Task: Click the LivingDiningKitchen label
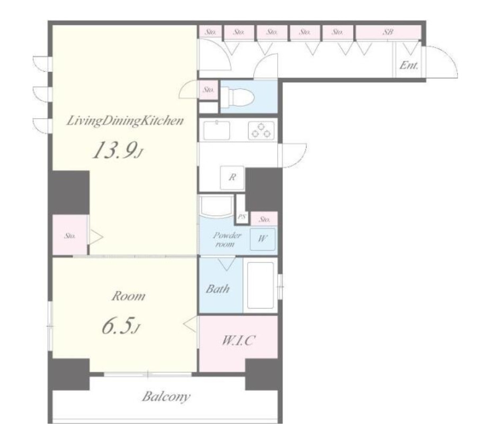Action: (125, 121)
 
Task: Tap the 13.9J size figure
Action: (118, 150)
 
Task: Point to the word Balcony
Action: (166, 397)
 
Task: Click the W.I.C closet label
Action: (237, 340)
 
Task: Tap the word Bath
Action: (217, 289)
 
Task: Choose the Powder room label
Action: (227, 240)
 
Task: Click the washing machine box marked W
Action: (263, 239)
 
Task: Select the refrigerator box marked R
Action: (232, 178)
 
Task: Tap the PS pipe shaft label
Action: (242, 217)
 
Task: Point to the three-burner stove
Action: (261, 130)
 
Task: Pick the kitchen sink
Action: (216, 130)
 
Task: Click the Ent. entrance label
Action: (409, 66)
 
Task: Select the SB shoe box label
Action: (388, 32)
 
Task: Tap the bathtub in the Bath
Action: (261, 285)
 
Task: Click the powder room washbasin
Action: (216, 207)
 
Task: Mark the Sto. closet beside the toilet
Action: (208, 90)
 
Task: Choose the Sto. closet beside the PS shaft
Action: (264, 219)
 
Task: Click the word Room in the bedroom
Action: (129, 296)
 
